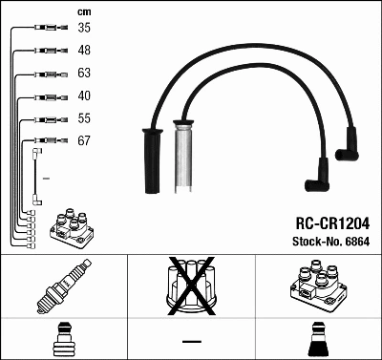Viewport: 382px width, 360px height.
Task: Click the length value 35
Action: click(84, 28)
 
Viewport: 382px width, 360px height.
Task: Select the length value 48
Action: click(84, 50)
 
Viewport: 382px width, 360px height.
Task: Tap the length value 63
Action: click(84, 73)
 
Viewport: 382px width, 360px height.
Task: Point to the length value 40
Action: click(84, 95)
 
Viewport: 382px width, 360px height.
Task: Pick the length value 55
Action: click(84, 118)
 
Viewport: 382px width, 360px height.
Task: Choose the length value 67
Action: click(84, 141)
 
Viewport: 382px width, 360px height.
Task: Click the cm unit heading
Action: click(83, 11)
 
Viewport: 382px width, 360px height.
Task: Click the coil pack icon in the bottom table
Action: click(317, 286)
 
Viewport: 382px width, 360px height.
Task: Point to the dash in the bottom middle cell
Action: click(191, 340)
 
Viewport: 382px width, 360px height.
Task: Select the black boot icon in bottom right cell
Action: click(318, 338)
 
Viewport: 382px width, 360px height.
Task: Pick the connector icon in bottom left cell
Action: click(63, 338)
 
